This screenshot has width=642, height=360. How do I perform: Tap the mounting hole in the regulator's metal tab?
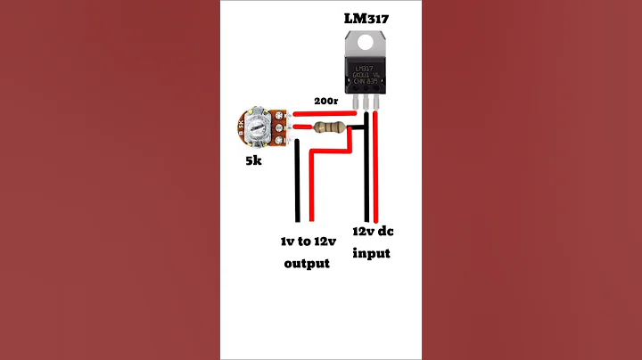pos(366,42)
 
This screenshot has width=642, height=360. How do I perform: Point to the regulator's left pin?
pos(355,104)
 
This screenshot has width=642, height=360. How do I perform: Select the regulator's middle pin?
pos(366,104)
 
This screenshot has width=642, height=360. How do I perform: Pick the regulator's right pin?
pos(376,104)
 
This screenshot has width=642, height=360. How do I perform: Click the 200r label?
pos(325,102)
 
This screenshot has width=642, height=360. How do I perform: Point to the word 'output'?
pos(306,263)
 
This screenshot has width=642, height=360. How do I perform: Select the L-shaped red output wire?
pos(311,187)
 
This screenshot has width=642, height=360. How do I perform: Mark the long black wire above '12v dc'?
pos(366,178)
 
